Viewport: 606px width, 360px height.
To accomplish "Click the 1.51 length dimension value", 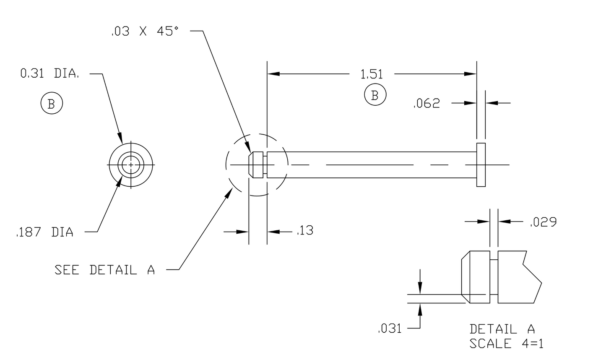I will click(x=372, y=75).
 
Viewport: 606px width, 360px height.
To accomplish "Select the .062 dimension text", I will click(x=427, y=104).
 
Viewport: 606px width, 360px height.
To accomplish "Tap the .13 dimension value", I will click(x=305, y=231).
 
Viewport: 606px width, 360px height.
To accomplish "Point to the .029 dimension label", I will click(x=543, y=222).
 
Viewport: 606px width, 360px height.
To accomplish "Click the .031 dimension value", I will click(x=390, y=329).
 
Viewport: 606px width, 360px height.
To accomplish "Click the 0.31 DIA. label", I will click(x=49, y=74).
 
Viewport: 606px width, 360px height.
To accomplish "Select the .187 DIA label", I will click(x=44, y=232).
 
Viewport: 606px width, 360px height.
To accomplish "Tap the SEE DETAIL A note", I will click(x=104, y=270).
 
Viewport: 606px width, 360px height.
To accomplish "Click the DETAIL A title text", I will click(x=502, y=329).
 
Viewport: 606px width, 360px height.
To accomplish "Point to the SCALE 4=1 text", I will click(x=506, y=344).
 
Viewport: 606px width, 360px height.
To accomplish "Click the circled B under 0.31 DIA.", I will click(x=52, y=104).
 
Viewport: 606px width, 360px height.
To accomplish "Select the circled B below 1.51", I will click(x=375, y=95).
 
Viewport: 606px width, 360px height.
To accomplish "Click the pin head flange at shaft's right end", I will click(x=481, y=165).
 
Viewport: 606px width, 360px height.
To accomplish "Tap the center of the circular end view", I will click(x=131, y=165).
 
